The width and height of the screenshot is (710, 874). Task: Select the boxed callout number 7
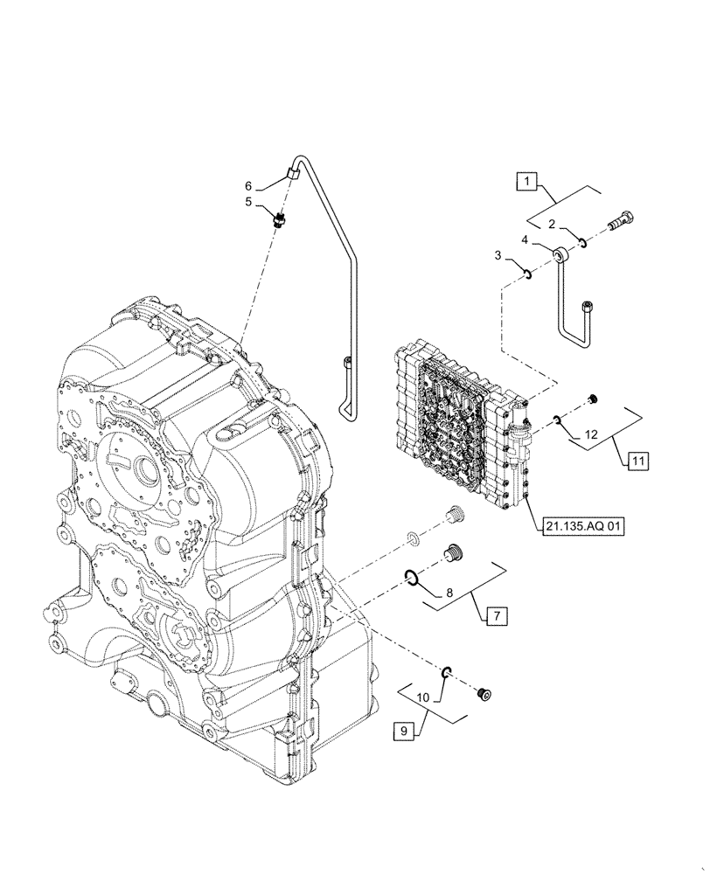pyautogui.click(x=495, y=616)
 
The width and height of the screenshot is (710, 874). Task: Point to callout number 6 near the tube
pyautogui.click(x=248, y=186)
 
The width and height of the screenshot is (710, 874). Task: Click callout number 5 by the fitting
pyautogui.click(x=248, y=202)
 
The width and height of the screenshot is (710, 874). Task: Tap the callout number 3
pyautogui.click(x=498, y=255)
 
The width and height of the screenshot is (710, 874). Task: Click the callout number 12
pyautogui.click(x=591, y=434)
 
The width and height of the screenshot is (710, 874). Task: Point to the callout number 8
pyautogui.click(x=449, y=593)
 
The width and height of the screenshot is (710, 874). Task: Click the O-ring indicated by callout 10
pyautogui.click(x=446, y=671)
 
